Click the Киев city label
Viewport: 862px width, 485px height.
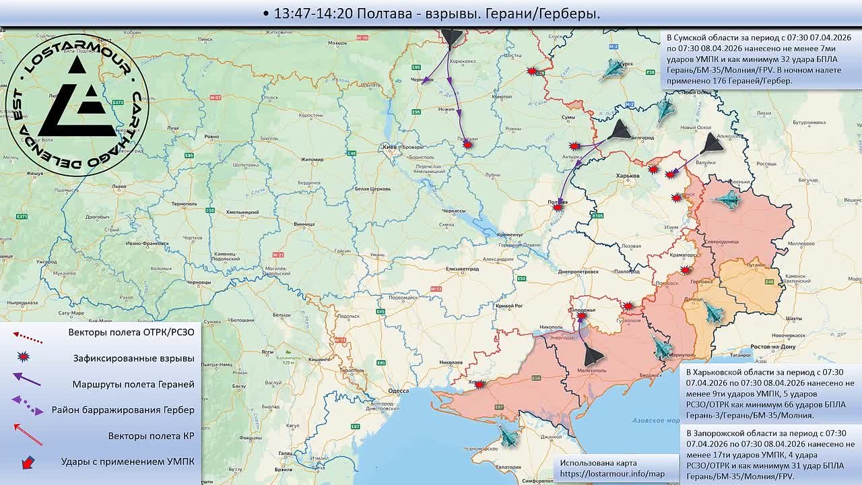tap(389, 146)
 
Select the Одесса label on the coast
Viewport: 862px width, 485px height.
tap(399, 390)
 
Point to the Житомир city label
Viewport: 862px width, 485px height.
tap(312, 160)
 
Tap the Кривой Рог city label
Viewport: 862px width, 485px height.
tap(509, 306)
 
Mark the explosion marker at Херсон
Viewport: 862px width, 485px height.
tap(479, 385)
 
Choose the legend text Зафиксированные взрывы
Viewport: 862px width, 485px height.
tap(134, 358)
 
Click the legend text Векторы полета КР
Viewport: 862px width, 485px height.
tap(151, 436)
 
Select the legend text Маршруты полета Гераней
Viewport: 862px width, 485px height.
tap(133, 384)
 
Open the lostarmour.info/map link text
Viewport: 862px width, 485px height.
tap(611, 474)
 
